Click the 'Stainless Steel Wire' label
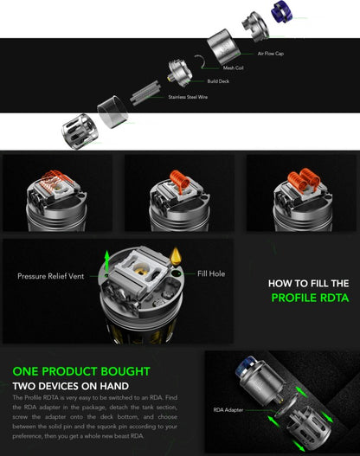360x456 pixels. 188,97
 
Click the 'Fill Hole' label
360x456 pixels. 210,273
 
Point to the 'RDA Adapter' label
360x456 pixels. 228,410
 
